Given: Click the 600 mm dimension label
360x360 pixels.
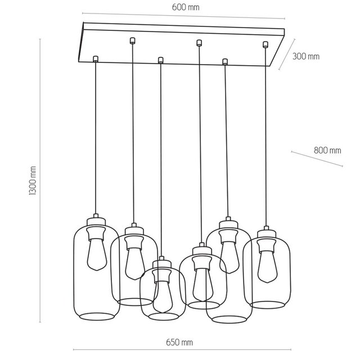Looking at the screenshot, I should click(x=188, y=7).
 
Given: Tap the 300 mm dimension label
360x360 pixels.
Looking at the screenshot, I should click(x=306, y=56).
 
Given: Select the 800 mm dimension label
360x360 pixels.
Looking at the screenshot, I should click(x=327, y=150).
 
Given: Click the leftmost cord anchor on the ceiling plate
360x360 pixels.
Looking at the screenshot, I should click(x=95, y=57).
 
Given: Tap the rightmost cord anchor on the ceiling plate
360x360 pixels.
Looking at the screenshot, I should click(x=265, y=43).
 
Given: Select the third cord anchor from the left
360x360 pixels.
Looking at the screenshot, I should click(x=161, y=59).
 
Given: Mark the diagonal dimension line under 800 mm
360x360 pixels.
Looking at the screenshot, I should click(x=317, y=159).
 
